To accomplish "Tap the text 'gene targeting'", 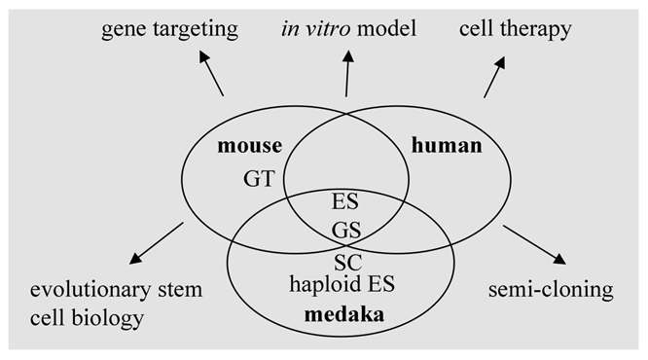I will [170, 30].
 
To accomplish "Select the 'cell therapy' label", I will [515, 30].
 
